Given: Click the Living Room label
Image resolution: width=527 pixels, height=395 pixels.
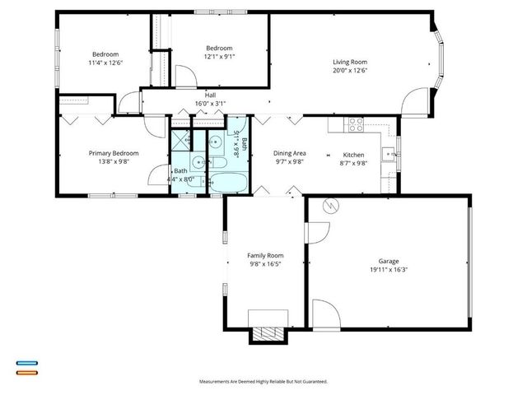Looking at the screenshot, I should point(349,63).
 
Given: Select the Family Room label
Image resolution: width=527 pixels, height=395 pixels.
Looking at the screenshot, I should point(265,256).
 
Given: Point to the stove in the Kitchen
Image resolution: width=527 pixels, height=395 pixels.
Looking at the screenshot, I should point(357,125).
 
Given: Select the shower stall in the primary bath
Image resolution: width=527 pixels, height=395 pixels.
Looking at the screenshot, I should point(180,140).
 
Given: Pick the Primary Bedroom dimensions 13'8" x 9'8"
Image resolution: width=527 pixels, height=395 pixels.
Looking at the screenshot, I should point(114,162).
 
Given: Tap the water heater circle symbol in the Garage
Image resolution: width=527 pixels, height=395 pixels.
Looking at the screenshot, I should point(331,207).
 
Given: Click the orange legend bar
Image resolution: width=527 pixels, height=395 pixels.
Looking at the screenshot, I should point(26,372).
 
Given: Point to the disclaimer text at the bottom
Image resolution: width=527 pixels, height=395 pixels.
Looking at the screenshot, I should point(263,382).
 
